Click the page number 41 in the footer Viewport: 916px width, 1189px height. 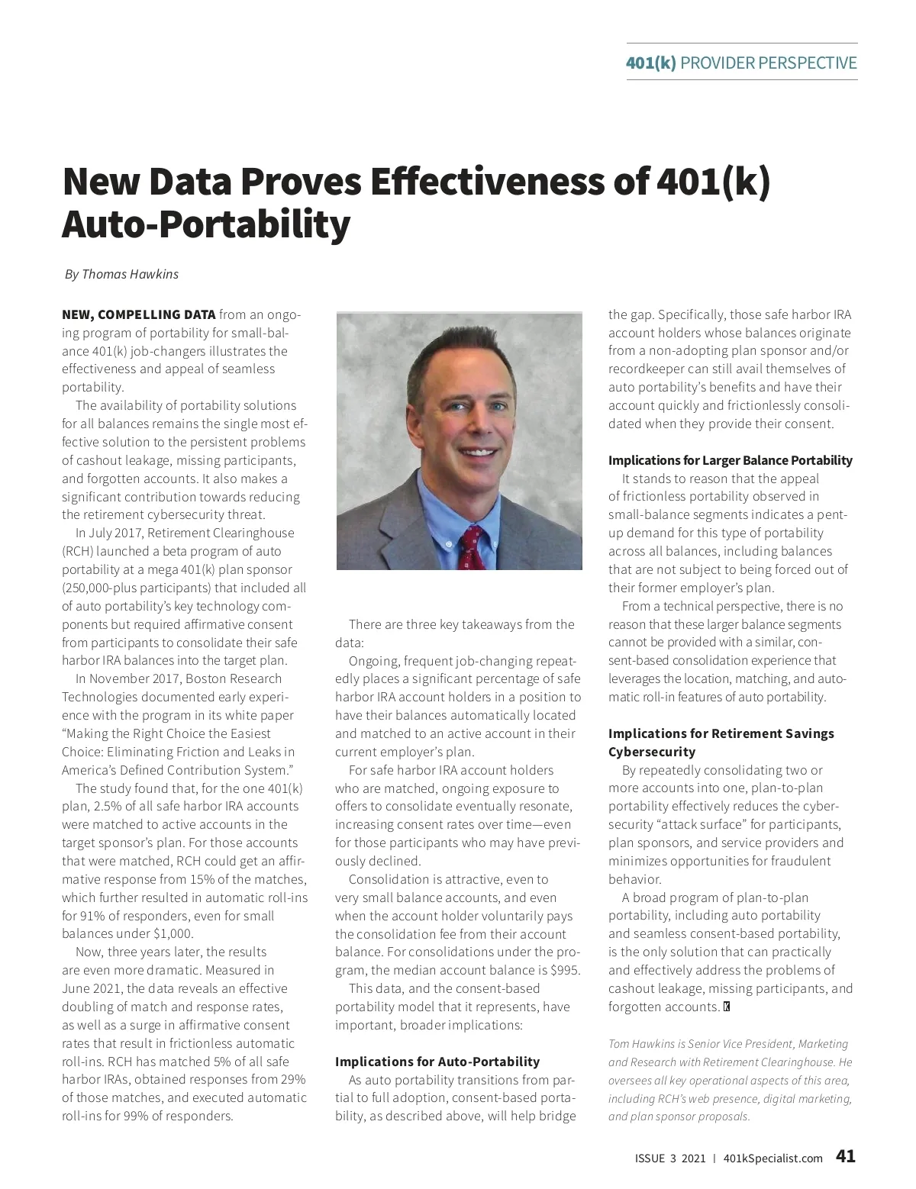click(846, 1156)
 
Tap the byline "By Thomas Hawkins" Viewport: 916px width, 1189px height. click(121, 274)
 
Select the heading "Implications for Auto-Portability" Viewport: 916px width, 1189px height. click(437, 1062)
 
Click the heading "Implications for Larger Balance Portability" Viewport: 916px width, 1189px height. click(730, 460)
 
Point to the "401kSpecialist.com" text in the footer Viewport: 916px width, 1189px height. click(772, 1158)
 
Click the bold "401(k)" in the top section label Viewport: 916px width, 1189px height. click(650, 63)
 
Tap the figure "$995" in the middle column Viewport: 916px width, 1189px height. click(565, 971)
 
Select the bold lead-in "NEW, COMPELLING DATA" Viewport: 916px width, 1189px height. click(138, 314)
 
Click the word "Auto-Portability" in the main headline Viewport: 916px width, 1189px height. click(206, 224)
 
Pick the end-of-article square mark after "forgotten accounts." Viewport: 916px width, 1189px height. click(727, 1007)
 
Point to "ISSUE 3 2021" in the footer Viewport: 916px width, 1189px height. click(670, 1158)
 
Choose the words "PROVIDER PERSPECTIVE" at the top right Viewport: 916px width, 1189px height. click(768, 63)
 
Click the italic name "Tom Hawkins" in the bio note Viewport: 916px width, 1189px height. click(642, 1044)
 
